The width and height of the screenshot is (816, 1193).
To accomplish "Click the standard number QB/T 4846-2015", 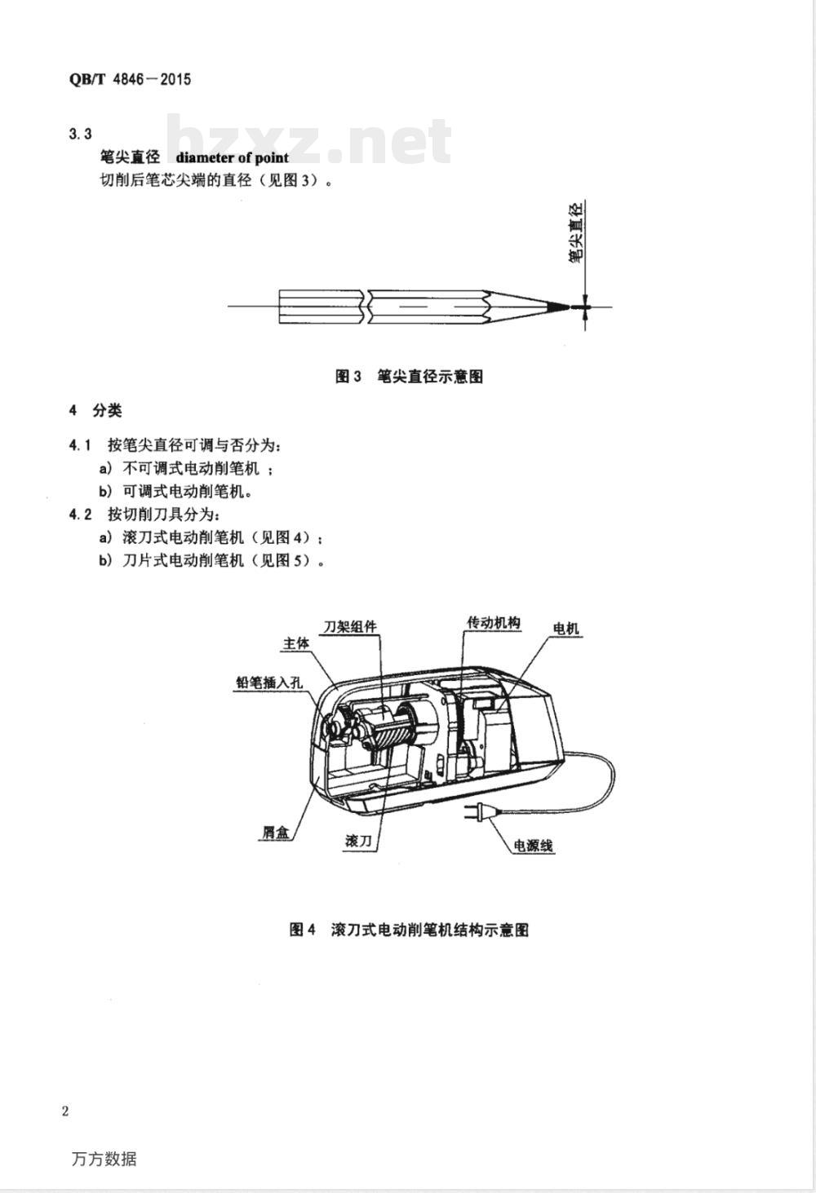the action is coord(130,79).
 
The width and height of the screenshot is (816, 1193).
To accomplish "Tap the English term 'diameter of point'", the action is coord(232,157).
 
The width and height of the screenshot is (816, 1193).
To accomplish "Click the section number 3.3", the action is coord(80,134).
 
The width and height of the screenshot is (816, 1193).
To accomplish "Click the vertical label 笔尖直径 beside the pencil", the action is coord(575,232).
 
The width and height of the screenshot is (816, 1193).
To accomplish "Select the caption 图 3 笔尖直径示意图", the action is coord(409,377).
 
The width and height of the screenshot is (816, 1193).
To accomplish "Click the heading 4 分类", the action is coord(95,410).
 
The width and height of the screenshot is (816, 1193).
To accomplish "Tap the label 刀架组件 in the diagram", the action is coord(350,627).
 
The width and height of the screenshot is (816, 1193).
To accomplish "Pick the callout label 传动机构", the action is coord(494,623).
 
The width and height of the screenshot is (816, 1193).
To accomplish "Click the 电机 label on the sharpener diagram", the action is coord(565,629).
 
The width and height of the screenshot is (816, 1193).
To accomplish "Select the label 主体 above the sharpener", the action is coord(296,644).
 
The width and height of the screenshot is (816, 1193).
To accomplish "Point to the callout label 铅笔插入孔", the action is coord(270,683).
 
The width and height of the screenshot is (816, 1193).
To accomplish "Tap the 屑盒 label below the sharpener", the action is coord(276,832).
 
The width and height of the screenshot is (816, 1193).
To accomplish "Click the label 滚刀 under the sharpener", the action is coord(358,841).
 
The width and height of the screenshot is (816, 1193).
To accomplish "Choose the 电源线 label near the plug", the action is coord(533,845).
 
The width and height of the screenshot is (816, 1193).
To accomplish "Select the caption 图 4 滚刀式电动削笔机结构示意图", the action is coord(409,930).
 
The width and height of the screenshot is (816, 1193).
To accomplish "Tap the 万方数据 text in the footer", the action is coord(104,1160).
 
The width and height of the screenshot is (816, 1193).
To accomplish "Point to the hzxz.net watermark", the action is coord(309,139).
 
